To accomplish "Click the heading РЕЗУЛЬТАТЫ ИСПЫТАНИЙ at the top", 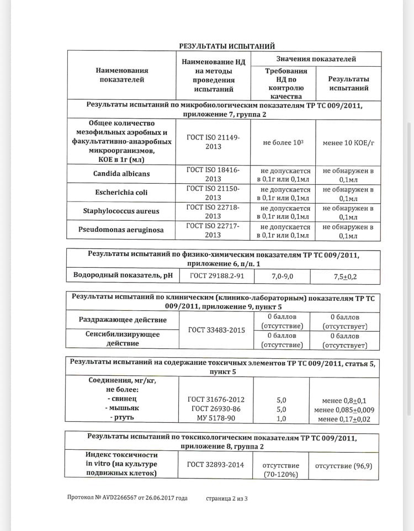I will [227, 46].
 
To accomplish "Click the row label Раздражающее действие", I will [122, 320].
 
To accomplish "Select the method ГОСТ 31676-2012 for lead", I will [216, 399].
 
